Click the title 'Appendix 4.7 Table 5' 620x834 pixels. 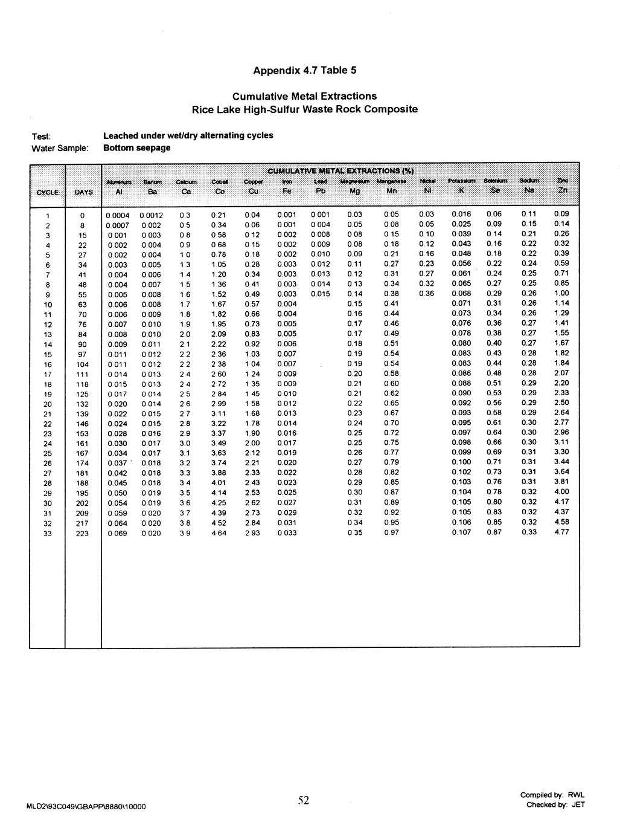(304, 70)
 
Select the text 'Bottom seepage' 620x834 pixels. (136, 148)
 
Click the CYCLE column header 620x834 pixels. (47, 192)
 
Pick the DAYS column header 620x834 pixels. (83, 192)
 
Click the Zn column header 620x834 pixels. (562, 190)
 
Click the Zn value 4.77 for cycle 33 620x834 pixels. (561, 532)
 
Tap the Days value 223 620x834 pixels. (83, 534)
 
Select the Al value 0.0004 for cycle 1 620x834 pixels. (118, 215)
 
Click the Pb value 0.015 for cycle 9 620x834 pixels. (321, 294)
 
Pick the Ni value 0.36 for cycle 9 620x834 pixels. (426, 294)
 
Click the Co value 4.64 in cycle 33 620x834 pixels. (219, 533)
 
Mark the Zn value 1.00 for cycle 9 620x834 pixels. (561, 293)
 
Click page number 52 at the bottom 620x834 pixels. (304, 801)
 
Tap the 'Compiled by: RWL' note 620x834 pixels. (552, 795)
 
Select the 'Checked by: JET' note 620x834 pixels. (555, 804)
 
